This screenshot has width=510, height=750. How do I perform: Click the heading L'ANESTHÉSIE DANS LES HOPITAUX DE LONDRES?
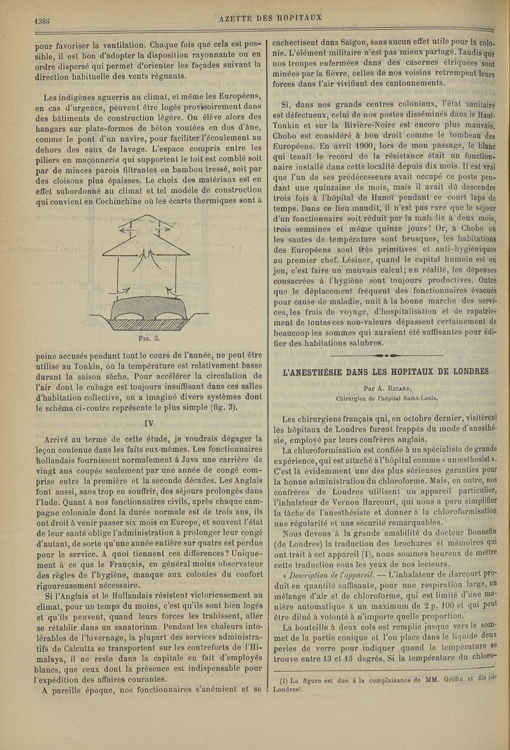pos(388,371)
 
